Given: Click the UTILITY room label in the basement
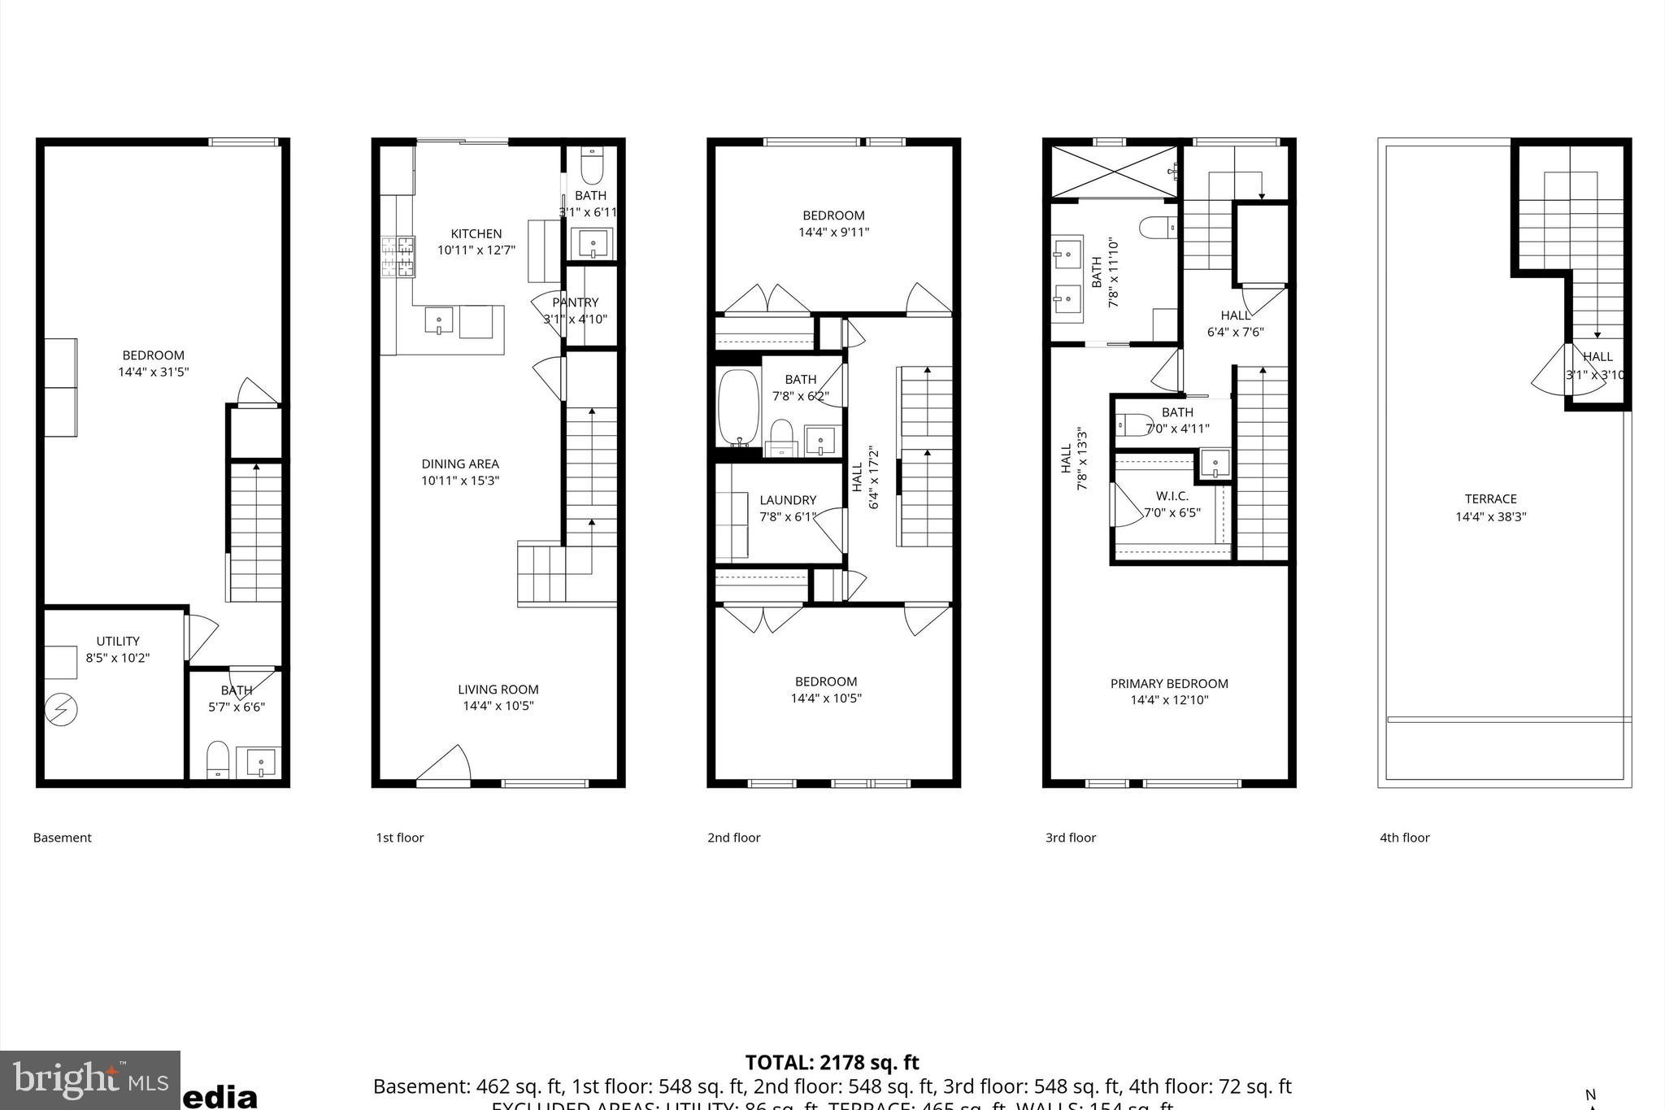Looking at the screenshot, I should [118, 641].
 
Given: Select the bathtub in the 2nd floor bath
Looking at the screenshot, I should [737, 407].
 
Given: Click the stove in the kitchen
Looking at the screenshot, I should [398, 256].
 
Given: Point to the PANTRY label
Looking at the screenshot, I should [576, 303].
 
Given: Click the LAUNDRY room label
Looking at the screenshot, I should [788, 500].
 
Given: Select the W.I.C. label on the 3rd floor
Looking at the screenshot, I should [1172, 496].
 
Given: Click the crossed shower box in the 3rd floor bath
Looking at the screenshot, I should [1114, 172].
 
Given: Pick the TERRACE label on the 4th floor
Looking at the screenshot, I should [1490, 499].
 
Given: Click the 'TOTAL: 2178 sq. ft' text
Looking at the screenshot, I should [832, 1062].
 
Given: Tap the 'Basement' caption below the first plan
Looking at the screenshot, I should [63, 838].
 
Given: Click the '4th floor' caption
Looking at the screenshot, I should [1404, 838].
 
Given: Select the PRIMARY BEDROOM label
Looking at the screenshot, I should [1169, 684].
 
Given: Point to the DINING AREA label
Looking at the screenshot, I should [460, 464].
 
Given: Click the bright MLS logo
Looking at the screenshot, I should [89, 1081].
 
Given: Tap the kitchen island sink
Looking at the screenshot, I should [439, 320].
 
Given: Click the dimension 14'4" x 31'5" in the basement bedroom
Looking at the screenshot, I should [154, 372].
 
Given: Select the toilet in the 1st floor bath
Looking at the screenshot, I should [592, 168].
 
